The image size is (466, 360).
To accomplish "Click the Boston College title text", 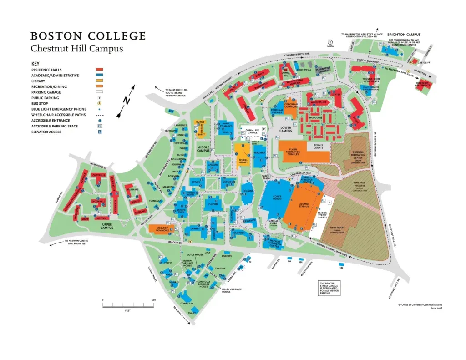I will (88, 36).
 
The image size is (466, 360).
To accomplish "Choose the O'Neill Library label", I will (242, 161).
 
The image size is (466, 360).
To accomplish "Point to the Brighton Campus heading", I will (404, 35).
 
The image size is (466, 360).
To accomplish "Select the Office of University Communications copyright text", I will (420, 305).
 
